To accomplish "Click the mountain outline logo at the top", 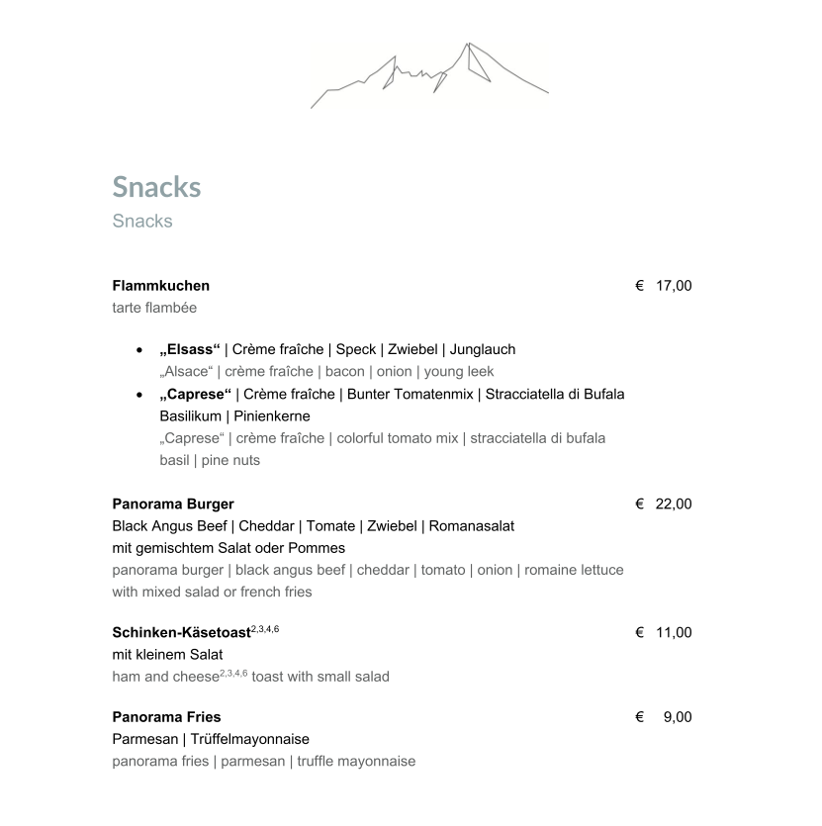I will tap(429, 73).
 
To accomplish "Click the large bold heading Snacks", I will tap(156, 187).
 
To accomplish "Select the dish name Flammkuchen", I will tap(160, 286).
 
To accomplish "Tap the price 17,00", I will tap(674, 286).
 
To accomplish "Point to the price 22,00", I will tap(674, 504).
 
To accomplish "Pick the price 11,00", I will tap(674, 632).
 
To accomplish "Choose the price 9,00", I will tap(678, 717).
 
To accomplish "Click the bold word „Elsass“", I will tap(189, 349).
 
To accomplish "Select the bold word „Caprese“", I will tap(195, 394).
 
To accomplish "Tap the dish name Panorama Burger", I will tap(173, 504).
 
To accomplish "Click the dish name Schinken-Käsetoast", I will tap(181, 633).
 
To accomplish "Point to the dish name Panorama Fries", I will tap(166, 717).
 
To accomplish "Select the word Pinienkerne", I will tap(272, 415).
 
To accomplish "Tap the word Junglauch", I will tap(484, 349).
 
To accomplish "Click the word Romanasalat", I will tap(473, 525).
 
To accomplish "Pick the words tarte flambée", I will tap(154, 308).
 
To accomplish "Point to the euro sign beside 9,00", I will tap(640, 717).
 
